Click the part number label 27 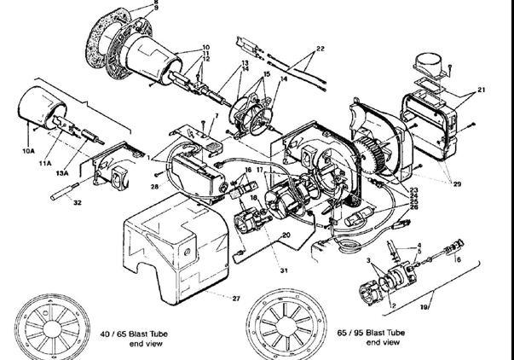pos(236,299)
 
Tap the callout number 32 pos(78,204)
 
